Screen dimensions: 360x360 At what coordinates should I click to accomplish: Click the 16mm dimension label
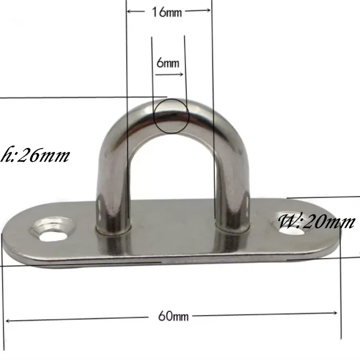coord(168,12)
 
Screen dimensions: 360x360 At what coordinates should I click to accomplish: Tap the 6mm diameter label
coord(167,63)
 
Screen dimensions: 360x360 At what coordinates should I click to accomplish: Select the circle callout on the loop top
coord(172,116)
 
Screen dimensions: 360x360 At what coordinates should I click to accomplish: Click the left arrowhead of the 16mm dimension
coord(130,11)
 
